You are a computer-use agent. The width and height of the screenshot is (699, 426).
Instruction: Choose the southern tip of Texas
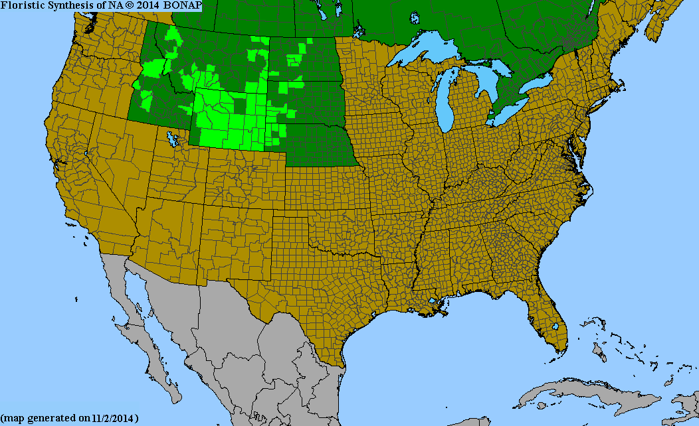click(x=339, y=362)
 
